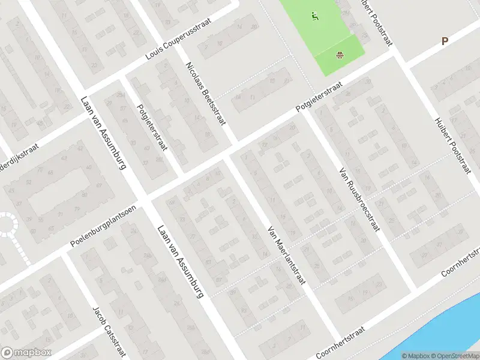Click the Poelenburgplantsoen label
pyautogui.click(x=103, y=226)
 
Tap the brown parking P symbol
pyautogui.click(x=445, y=41)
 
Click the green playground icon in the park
pyautogui.click(x=314, y=16)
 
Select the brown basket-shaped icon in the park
pyautogui.click(x=340, y=56)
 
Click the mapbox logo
pyautogui.click(x=26, y=353)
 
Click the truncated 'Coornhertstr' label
pyautogui.click(x=460, y=262)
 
